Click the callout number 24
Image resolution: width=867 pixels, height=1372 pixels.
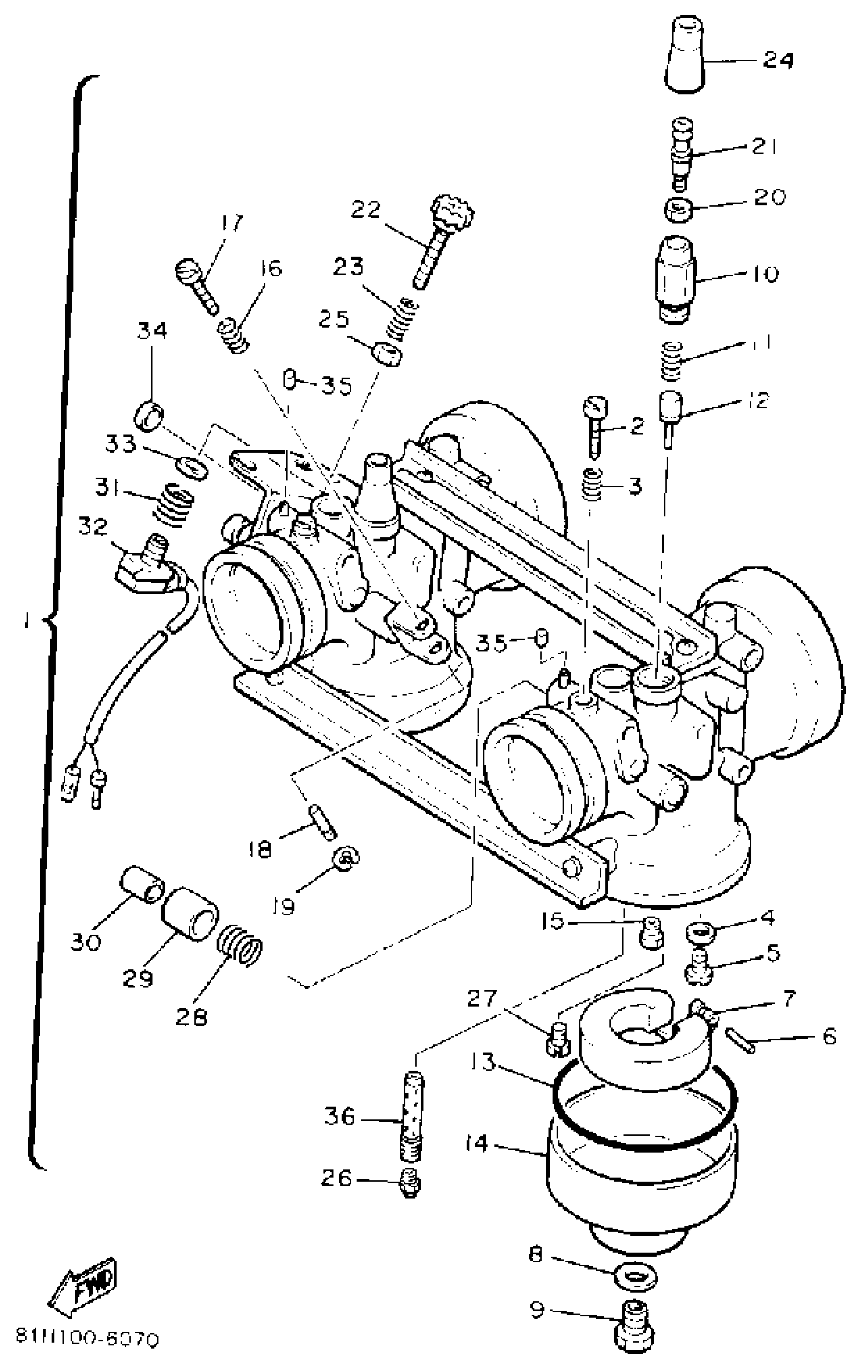pos(778,59)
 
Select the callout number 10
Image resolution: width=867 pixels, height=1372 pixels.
pos(764,274)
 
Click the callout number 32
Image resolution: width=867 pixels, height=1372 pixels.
pos(93,527)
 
